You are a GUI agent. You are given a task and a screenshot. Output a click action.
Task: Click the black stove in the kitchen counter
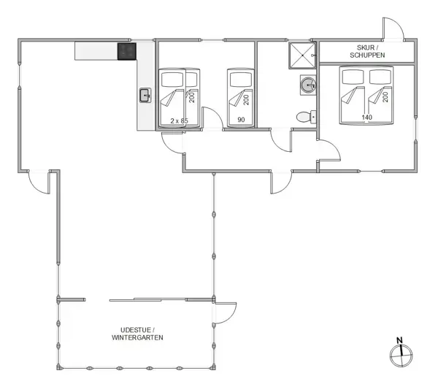[x=127, y=51]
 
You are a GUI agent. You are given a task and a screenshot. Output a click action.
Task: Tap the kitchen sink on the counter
[x=145, y=95]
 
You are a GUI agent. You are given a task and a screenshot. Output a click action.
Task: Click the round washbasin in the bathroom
[x=307, y=85]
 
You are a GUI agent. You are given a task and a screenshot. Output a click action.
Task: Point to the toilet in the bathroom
[x=304, y=116]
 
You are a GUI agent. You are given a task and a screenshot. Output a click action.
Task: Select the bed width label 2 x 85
[x=179, y=120]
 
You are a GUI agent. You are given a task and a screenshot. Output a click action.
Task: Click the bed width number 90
[x=240, y=120]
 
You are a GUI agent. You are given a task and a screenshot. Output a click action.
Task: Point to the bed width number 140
[x=367, y=117]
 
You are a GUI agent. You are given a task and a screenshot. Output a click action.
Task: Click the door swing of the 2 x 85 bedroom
[x=211, y=120]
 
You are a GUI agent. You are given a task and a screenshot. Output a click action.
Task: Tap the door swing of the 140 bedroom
[x=329, y=150]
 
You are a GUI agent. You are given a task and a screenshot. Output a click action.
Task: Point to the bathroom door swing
[x=280, y=139]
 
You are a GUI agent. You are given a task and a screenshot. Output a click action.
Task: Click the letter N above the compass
[x=399, y=340]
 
